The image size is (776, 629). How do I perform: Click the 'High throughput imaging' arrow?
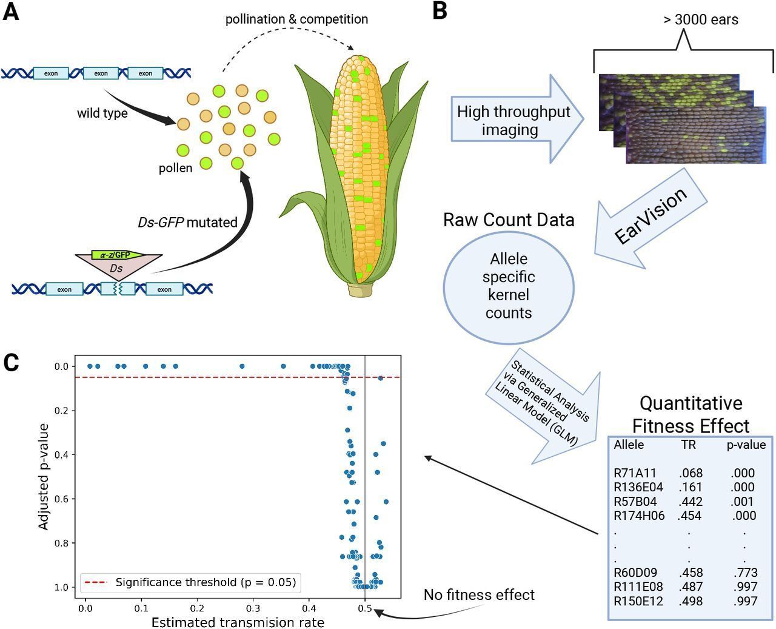pyautogui.click(x=513, y=120)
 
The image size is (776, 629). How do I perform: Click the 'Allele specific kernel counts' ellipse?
pyautogui.click(x=509, y=286)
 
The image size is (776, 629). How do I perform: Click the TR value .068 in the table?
pyautogui.click(x=689, y=473)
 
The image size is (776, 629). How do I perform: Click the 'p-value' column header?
pyautogui.click(x=746, y=445)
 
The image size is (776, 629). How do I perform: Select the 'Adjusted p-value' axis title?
pyautogui.click(x=44, y=477)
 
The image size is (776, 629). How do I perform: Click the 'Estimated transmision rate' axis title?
pyautogui.click(x=238, y=622)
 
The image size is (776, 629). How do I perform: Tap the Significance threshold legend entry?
pyautogui.click(x=192, y=582)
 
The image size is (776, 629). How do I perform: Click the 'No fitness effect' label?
pyautogui.click(x=479, y=594)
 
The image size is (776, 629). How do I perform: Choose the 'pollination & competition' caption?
pyautogui.click(x=296, y=19)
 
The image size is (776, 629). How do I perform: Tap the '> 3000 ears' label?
pyautogui.click(x=700, y=19)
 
